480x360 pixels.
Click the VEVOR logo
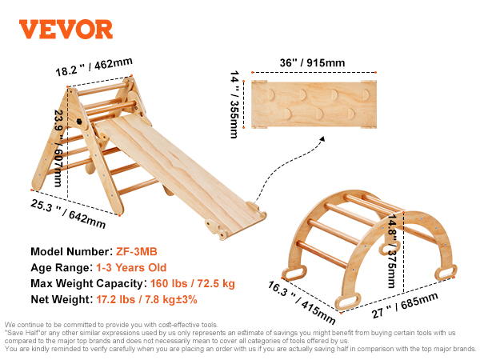[x=66, y=30]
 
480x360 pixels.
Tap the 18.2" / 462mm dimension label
[x=94, y=66]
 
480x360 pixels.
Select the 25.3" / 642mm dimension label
[x=68, y=214]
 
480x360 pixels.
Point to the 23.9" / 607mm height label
[x=58, y=148]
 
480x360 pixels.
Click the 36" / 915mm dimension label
[x=312, y=62]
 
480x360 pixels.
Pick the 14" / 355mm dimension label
[x=234, y=104]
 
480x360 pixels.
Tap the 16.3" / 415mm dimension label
[x=302, y=302]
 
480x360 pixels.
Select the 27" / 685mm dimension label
[x=405, y=305]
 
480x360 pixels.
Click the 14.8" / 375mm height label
[x=392, y=250]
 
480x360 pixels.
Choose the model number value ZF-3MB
[x=137, y=252]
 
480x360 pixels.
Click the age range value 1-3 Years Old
[x=131, y=267]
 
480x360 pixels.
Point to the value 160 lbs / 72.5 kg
[x=193, y=283]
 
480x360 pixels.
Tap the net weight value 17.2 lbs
[x=116, y=299]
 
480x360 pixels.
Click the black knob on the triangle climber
[x=79, y=122]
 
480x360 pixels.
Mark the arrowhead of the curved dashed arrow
[x=322, y=139]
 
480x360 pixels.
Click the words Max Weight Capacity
[x=86, y=283]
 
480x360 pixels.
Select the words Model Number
[x=70, y=252]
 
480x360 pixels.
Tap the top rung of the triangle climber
[x=102, y=88]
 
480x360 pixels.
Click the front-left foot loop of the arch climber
[x=348, y=301]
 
